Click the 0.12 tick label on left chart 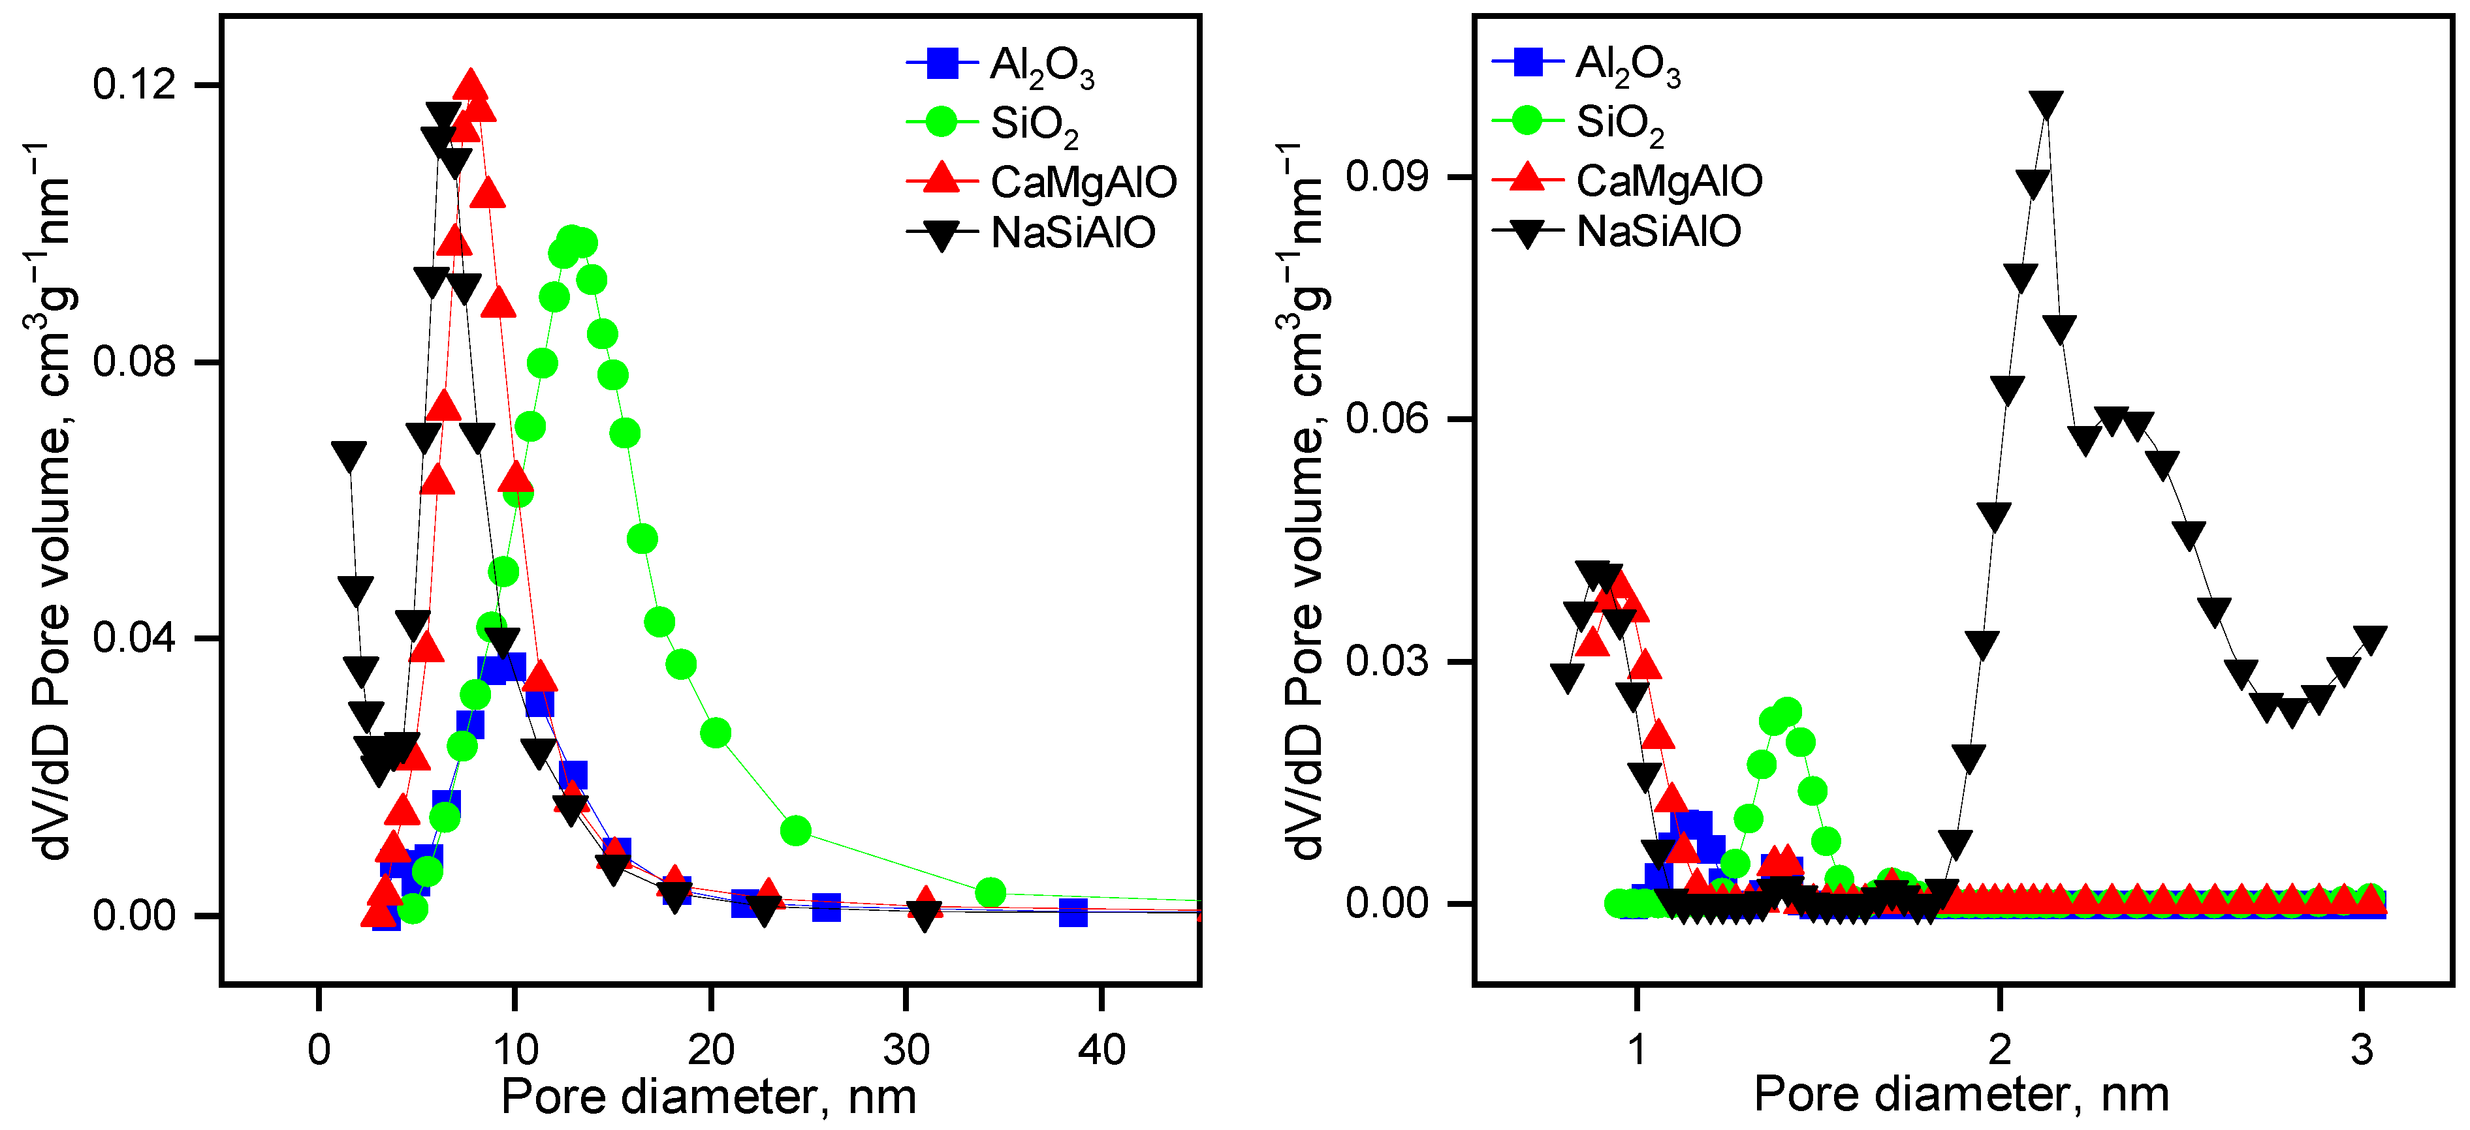[135, 84]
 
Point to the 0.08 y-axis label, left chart [135, 361]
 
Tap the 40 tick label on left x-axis [1101, 1050]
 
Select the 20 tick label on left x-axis [710, 1050]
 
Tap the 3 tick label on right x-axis [2362, 1050]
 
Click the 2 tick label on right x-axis [1999, 1050]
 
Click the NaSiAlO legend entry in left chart [1072, 233]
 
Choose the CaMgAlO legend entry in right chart [1668, 180]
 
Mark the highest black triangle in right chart [2046, 104]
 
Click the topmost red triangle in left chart [470, 86]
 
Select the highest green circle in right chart [1786, 712]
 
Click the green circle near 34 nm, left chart [990, 893]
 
